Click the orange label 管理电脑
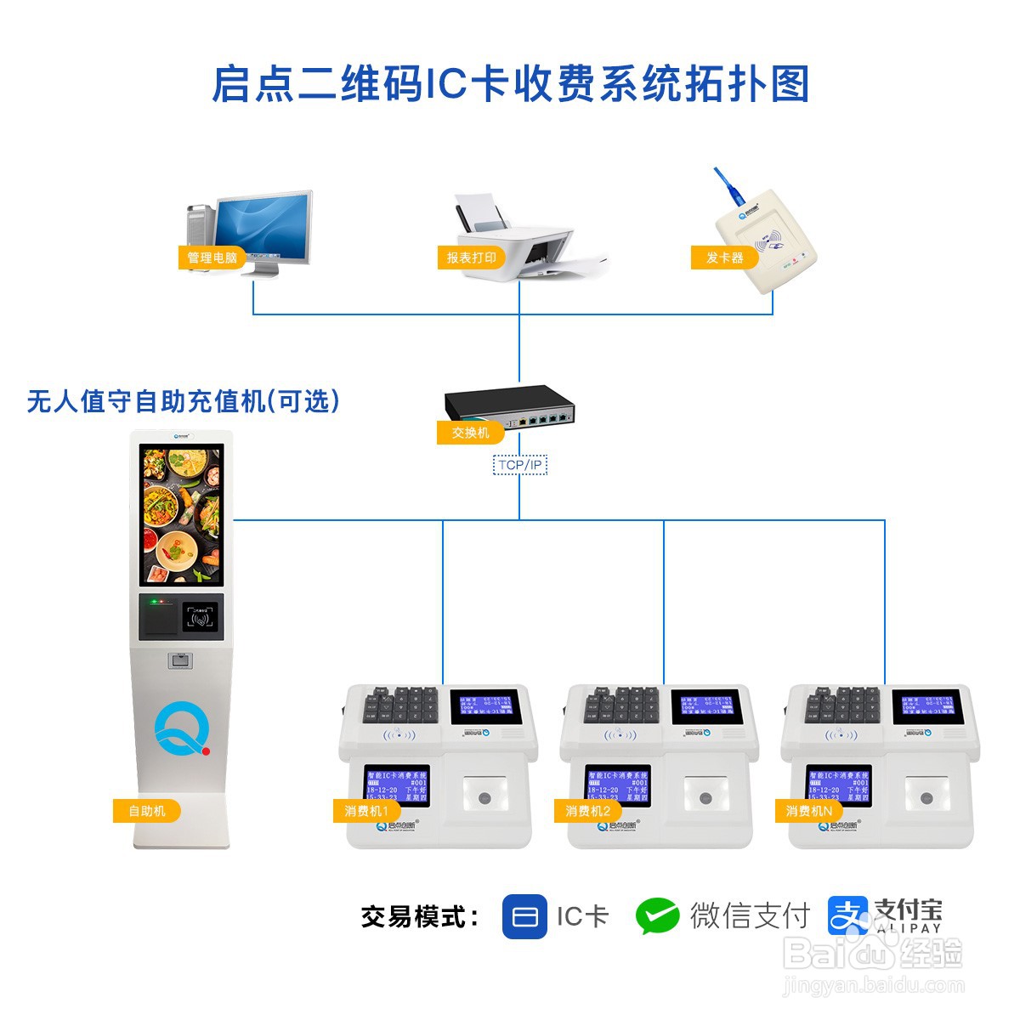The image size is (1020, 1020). point(212,258)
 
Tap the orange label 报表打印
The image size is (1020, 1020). point(471,258)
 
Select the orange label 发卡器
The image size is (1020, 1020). point(724,258)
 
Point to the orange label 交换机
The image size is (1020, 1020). point(470,433)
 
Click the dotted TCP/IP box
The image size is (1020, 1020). point(519,465)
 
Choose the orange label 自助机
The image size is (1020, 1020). point(147,811)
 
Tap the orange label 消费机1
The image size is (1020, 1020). point(366,811)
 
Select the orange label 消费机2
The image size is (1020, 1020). point(587,811)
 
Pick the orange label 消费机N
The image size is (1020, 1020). point(808,811)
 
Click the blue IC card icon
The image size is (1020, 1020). point(524,916)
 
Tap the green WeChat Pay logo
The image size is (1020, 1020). point(657,916)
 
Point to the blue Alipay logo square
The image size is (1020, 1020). point(847,916)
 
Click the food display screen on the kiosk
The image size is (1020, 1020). point(181,516)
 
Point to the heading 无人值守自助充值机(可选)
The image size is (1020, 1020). point(184,401)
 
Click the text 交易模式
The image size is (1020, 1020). point(419,917)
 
